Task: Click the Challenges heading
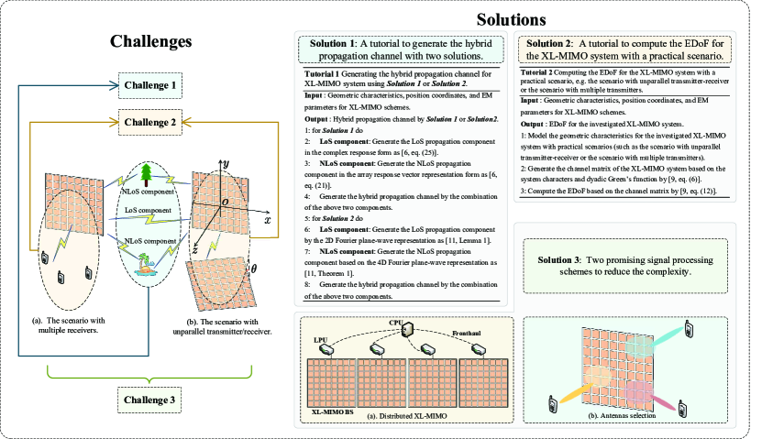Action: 151,41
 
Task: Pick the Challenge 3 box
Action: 150,401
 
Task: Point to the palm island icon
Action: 143,266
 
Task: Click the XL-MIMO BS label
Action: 330,413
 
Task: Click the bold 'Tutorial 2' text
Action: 539,71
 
